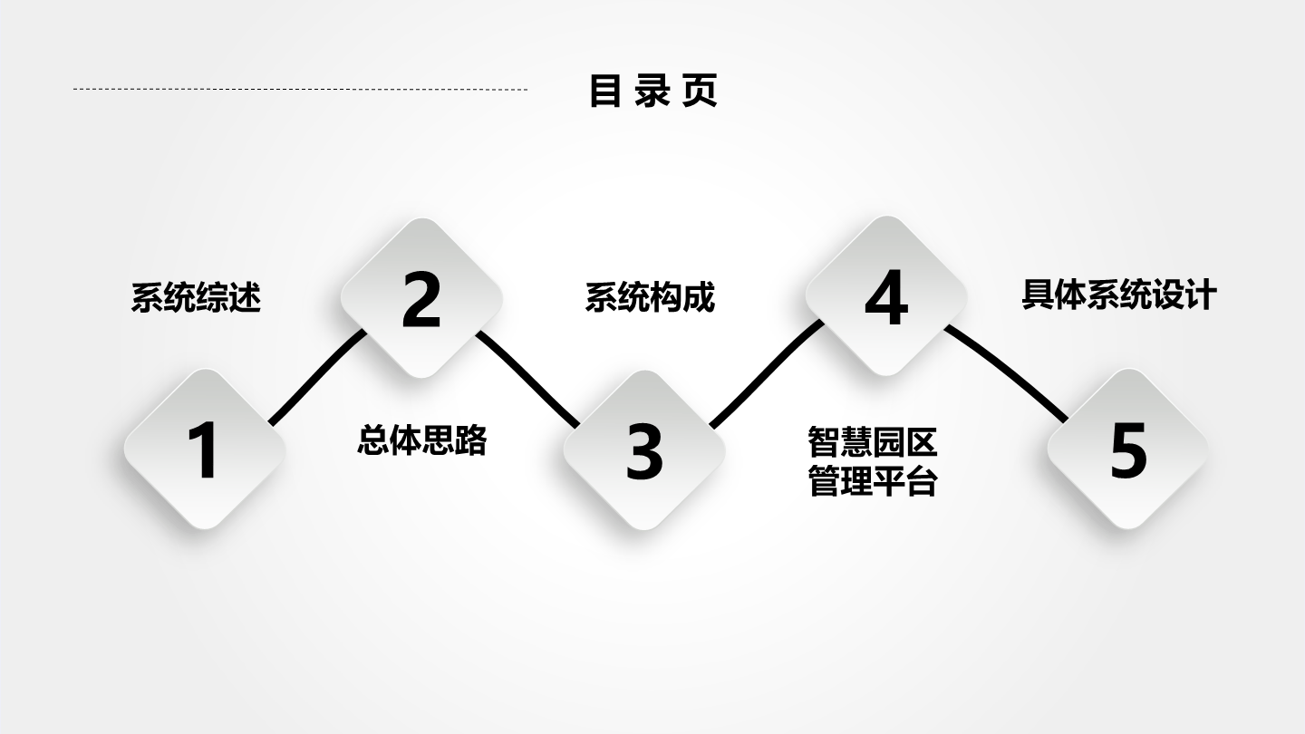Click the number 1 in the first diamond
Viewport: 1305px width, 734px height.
click(x=205, y=450)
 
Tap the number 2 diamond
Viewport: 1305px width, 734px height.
click(x=421, y=298)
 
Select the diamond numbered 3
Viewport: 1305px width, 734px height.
click(x=643, y=450)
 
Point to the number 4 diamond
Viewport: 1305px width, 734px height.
click(x=886, y=296)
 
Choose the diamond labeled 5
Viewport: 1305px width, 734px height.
click(x=1127, y=449)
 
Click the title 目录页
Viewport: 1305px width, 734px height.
click(x=653, y=91)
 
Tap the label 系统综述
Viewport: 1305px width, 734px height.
click(x=196, y=297)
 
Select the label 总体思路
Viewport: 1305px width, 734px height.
click(x=421, y=439)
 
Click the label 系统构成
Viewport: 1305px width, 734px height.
click(x=650, y=297)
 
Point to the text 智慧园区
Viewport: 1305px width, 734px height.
click(x=873, y=442)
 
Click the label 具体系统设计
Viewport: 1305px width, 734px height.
click(x=1119, y=295)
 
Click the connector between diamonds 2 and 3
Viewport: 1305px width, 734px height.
click(x=527, y=379)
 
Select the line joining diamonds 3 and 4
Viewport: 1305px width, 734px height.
click(x=765, y=373)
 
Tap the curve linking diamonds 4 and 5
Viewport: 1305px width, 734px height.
click(x=1007, y=372)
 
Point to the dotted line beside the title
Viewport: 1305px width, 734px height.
click(x=300, y=90)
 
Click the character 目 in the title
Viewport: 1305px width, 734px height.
click(x=604, y=91)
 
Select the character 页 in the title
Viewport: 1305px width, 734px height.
click(x=700, y=91)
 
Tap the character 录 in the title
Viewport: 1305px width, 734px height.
click(x=652, y=91)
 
